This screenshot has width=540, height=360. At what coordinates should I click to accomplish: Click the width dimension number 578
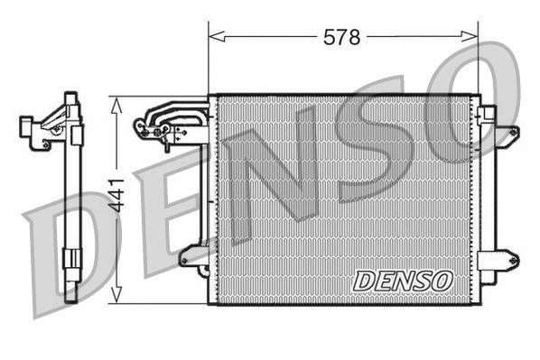coord(342,37)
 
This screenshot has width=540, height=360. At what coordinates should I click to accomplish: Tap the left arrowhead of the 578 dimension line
coord(213,37)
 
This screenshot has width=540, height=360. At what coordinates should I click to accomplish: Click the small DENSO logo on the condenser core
coord(403,281)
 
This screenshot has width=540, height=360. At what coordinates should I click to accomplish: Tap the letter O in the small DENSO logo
coord(442,281)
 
